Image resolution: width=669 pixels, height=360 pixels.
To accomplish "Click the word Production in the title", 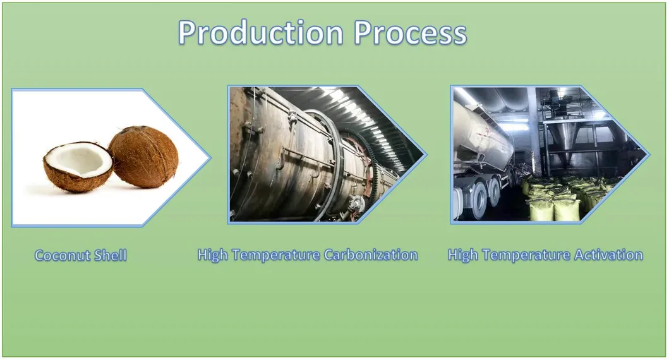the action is [x=261, y=33].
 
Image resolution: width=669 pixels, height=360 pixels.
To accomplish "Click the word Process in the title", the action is [x=411, y=33].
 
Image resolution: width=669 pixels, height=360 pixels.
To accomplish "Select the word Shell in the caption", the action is [x=111, y=256].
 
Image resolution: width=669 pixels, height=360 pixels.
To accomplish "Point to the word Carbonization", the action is [x=371, y=255].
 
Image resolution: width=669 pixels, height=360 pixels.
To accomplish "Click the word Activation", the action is [x=608, y=255].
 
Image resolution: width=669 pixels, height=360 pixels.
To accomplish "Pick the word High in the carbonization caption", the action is [x=214, y=255].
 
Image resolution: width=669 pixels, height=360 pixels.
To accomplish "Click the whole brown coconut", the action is [x=144, y=157].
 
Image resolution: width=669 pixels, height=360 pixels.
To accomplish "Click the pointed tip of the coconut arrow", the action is [x=211, y=157].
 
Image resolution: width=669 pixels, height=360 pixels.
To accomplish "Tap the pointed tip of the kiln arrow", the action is [x=426, y=154].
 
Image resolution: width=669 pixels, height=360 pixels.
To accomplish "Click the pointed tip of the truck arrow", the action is [x=649, y=154].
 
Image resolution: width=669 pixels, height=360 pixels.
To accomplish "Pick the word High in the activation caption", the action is [x=464, y=255].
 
